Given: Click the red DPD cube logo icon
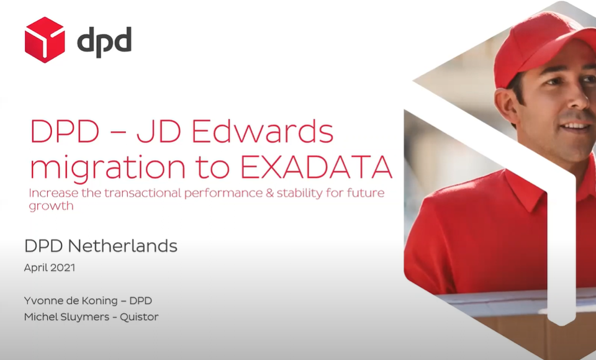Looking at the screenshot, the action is (45, 40).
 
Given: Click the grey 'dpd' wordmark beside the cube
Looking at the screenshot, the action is (104, 42).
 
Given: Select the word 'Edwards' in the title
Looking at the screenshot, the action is (262, 131).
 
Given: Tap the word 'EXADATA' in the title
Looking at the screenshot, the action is (316, 166).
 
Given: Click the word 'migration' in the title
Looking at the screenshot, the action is (107, 168).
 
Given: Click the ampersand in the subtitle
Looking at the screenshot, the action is (270, 193).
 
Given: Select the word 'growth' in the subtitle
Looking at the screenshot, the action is (51, 207).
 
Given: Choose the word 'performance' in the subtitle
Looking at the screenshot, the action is (223, 194).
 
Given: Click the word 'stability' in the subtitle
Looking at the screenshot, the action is (299, 193).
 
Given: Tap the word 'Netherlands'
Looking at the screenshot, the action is (122, 246).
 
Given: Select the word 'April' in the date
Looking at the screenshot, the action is (35, 268).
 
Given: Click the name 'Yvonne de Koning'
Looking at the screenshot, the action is (71, 300).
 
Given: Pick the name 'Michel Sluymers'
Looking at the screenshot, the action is (66, 317).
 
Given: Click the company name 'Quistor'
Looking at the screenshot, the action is (139, 317).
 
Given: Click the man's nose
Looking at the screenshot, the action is (580, 101).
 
